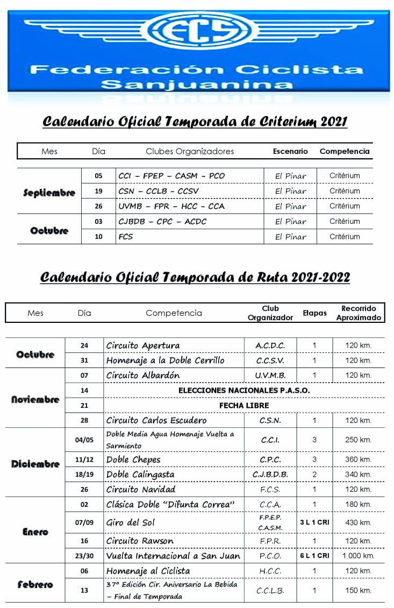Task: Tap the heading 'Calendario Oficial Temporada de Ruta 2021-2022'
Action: point(195,277)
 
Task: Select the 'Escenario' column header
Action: point(290,151)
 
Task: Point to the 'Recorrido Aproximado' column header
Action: point(359,313)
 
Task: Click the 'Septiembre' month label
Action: point(49,192)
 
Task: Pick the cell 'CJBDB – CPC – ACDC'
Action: point(162,221)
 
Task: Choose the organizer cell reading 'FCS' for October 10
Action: point(125,236)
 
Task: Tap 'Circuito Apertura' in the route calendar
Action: point(143,345)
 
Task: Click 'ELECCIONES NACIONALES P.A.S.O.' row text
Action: point(244,390)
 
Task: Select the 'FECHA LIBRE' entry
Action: point(244,405)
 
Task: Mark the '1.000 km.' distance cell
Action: point(359,556)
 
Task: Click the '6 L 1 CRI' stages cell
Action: point(314,556)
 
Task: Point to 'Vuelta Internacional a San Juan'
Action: point(173,556)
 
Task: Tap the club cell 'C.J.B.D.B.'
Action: point(270,475)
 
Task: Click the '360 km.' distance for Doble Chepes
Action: point(359,459)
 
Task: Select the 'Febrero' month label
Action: point(35,585)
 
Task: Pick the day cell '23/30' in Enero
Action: point(84,556)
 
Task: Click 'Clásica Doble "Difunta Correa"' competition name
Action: point(171,504)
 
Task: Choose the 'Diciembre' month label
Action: point(35,464)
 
